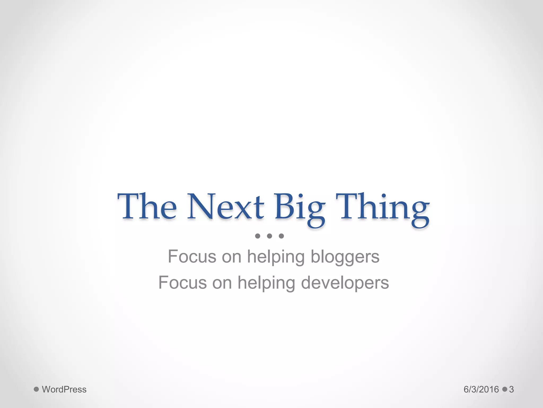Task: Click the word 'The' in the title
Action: (147, 207)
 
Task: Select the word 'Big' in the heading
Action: (300, 209)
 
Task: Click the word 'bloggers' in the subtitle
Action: (345, 257)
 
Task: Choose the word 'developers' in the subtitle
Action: (345, 283)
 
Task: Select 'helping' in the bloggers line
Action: (276, 257)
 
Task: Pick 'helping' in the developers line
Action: (266, 283)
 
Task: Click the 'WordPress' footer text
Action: (64, 389)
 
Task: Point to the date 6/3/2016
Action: (481, 389)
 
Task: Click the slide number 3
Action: (511, 389)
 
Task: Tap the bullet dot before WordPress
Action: (36, 389)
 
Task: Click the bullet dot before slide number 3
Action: (505, 389)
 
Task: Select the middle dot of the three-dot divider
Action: (269, 236)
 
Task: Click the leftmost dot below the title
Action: (257, 236)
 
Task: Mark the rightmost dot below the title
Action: (281, 236)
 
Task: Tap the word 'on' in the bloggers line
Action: (231, 257)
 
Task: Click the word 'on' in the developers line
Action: (222, 283)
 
